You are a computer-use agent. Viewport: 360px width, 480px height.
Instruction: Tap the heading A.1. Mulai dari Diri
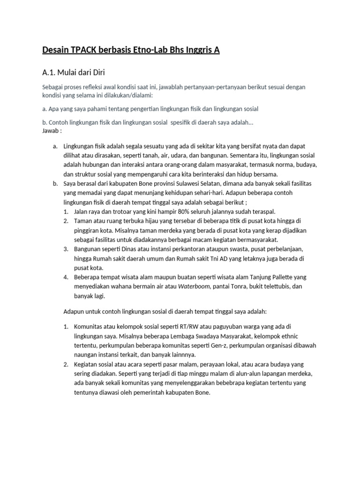[x=75, y=72]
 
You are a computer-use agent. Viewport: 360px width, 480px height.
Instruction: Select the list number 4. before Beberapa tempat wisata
[x=66, y=277]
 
